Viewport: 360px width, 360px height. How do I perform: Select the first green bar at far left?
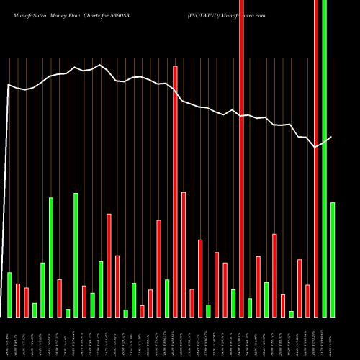9,294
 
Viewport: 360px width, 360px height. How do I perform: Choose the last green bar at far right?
333,259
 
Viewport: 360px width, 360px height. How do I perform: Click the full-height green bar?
324,158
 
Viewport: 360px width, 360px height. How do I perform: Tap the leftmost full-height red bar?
241,158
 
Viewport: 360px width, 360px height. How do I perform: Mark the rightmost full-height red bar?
316,158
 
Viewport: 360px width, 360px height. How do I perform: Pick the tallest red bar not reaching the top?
175,191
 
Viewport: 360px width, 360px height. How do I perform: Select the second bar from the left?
17,300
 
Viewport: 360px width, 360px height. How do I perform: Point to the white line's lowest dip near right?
315,147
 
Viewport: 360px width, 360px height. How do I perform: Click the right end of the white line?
332,137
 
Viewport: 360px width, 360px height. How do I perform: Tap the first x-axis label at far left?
9,338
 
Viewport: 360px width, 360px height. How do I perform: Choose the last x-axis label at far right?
333,338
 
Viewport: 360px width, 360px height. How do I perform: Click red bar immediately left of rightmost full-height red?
307,301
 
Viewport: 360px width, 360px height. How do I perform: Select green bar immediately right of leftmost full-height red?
250,307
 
